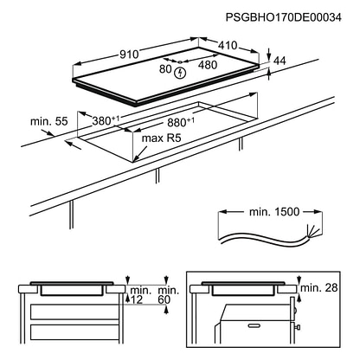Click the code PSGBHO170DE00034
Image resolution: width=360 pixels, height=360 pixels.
[x=283, y=17]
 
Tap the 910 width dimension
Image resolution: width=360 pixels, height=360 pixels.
[x=129, y=54]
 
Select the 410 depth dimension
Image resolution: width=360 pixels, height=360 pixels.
[x=228, y=45]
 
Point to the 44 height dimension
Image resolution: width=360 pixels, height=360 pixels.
[x=280, y=61]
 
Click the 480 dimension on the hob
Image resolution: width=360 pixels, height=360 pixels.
[x=208, y=65]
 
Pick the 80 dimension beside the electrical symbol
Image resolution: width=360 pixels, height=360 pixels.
[x=165, y=69]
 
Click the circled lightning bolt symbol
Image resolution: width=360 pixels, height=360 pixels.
[x=181, y=73]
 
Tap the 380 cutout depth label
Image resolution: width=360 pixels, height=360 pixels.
[x=106, y=120]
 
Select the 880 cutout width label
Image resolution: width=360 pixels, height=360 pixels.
[x=181, y=122]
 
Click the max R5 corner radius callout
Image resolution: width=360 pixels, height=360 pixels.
[x=161, y=138]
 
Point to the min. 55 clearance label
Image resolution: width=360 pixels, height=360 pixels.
[x=49, y=121]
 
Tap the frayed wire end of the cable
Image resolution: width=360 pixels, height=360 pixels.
[x=314, y=230]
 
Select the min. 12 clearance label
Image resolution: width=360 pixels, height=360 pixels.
[x=139, y=295]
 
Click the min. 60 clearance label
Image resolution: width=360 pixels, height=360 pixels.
[x=168, y=295]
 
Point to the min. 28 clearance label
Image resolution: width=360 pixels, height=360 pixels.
[x=319, y=287]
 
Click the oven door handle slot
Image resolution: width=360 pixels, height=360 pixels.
[x=254, y=325]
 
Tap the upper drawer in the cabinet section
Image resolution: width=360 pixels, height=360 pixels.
[x=74, y=312]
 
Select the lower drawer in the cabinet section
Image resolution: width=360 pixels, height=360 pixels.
[x=74, y=331]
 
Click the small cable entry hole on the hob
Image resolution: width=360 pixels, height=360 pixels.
[x=179, y=62]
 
